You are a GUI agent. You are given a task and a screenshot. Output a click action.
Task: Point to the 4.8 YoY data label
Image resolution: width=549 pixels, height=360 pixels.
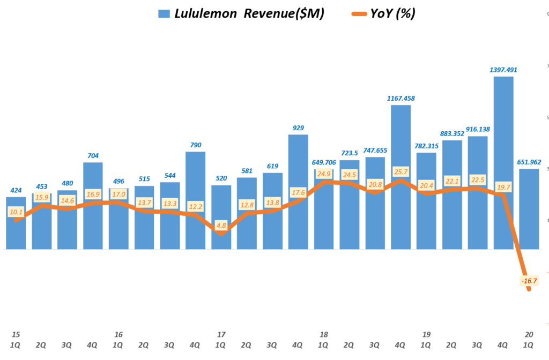point(221,226)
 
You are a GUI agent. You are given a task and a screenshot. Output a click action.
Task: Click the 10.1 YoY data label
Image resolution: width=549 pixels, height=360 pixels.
point(16,212)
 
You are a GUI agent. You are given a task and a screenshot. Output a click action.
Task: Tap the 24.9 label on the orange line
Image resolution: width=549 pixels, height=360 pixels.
point(324,174)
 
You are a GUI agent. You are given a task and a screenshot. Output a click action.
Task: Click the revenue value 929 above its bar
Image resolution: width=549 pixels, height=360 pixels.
point(298,127)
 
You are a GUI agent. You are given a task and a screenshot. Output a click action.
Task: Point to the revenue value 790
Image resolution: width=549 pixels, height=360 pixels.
point(195,145)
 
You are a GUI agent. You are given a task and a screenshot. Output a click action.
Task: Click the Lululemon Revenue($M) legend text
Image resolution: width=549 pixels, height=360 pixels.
point(249,14)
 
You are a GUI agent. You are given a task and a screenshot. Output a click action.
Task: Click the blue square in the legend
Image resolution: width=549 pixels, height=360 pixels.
point(164,14)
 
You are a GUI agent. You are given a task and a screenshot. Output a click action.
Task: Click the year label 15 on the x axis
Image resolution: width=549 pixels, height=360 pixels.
point(16,334)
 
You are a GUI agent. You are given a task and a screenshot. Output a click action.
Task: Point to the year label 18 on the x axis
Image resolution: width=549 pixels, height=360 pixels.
point(324,334)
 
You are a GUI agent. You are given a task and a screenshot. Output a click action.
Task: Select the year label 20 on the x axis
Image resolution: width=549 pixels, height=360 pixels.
point(529,334)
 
